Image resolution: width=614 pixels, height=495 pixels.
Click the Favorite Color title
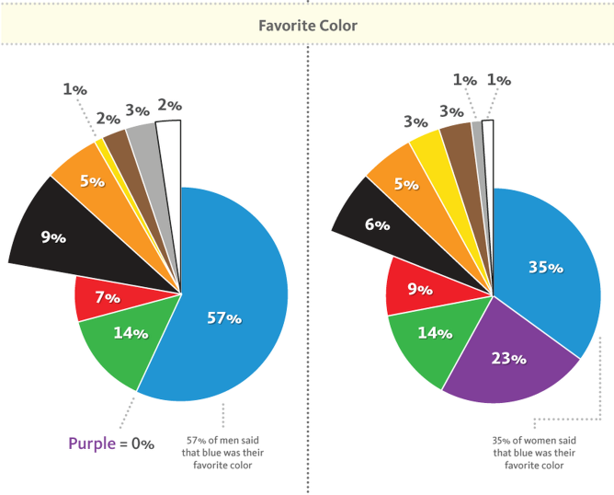[307, 26]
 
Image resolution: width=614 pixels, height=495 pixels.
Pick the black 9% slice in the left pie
[64, 230]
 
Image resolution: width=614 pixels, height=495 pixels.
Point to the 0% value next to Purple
[142, 443]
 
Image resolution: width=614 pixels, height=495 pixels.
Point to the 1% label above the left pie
[74, 89]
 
